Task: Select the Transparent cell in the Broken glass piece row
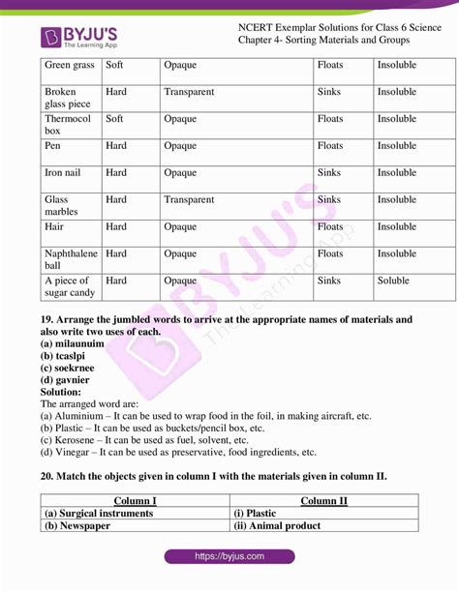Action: tap(189, 92)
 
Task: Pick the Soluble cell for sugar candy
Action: tap(394, 281)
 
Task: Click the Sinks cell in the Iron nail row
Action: tap(329, 173)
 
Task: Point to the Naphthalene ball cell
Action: tap(70, 259)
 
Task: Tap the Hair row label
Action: tap(54, 226)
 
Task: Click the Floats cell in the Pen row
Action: tap(330, 146)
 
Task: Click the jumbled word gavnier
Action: tap(72, 380)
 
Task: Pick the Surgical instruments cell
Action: tap(99, 514)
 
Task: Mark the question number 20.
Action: tap(46, 477)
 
